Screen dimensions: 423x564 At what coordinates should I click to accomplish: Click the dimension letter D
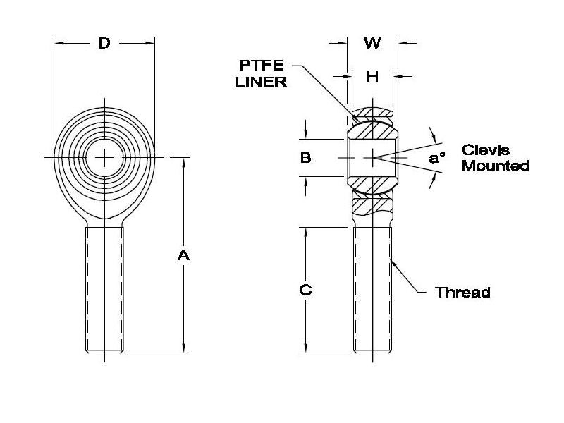(104, 44)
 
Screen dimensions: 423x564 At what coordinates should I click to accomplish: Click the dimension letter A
(183, 255)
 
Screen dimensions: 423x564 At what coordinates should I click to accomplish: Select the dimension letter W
(372, 44)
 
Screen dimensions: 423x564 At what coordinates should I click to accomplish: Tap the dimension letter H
(372, 76)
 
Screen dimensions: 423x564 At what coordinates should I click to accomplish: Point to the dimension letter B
(305, 158)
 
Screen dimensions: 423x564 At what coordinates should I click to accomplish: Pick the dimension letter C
(305, 290)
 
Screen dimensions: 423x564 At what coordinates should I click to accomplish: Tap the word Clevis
(485, 150)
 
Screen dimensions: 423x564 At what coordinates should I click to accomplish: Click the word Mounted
(496, 166)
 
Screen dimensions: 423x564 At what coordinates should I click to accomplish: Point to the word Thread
(462, 292)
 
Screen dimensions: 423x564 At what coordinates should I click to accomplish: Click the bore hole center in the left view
(104, 157)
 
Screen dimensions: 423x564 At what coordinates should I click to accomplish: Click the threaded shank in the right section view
(372, 289)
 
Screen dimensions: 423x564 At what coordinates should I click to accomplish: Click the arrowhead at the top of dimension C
(305, 232)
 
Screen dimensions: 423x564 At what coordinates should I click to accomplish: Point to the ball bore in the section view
(372, 158)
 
